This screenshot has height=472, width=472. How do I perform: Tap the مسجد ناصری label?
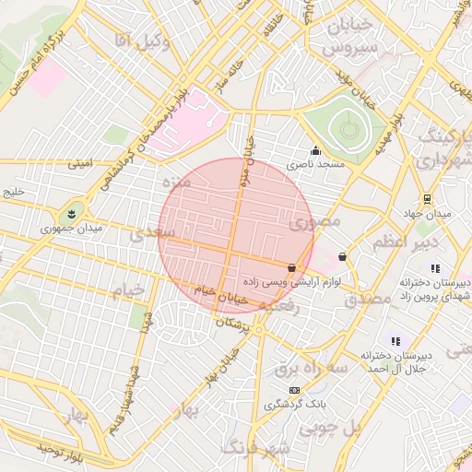(x=314, y=164)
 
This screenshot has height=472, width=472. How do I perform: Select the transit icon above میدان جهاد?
(x=426, y=198)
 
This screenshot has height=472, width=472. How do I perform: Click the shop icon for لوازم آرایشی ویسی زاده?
(x=292, y=267)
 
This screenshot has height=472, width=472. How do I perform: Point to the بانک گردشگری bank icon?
(x=294, y=390)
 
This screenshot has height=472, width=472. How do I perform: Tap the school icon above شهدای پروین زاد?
(x=435, y=268)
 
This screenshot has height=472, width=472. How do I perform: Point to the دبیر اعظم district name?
(x=397, y=242)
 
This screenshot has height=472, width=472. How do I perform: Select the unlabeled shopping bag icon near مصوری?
(x=343, y=256)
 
